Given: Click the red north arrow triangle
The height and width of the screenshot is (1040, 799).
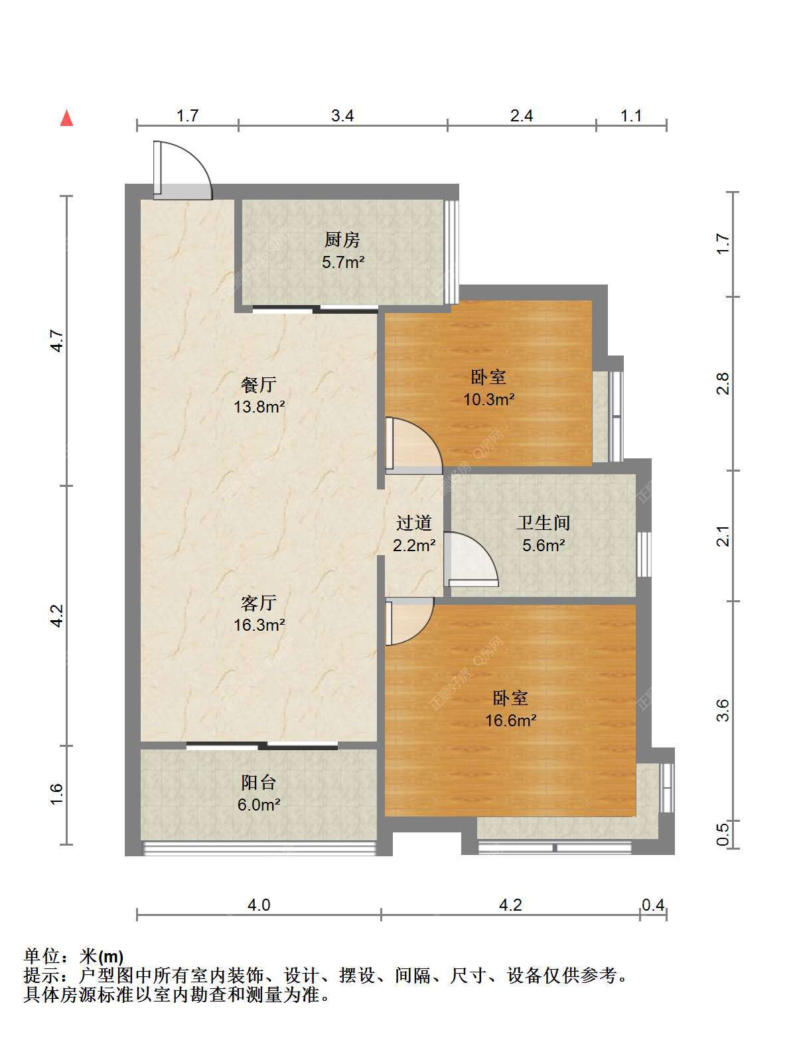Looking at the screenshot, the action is tap(66, 118).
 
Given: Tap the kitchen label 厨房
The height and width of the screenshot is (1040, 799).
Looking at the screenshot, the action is tap(342, 240).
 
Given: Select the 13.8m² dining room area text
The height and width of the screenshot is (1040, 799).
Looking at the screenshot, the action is tap(259, 407).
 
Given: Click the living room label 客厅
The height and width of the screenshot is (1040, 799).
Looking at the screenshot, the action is tap(259, 603).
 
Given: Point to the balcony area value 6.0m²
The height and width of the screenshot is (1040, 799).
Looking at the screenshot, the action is tap(259, 805).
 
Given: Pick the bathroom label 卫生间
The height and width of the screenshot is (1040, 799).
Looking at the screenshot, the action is tap(543, 523).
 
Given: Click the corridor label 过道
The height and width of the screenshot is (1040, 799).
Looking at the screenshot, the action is tap(413, 523).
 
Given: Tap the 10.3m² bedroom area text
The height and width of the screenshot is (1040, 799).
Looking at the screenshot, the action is tap(489, 399).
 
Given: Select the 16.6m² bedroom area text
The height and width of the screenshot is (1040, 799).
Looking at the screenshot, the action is tap(511, 720).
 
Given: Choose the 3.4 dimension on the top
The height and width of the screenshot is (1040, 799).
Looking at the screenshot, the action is tap(342, 116).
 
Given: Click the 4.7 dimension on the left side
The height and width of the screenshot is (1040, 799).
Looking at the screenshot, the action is tap(57, 340).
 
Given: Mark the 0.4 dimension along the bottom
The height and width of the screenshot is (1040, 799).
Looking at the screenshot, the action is tap(653, 905).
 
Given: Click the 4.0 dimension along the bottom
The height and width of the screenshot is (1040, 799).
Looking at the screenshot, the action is tap(259, 905).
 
